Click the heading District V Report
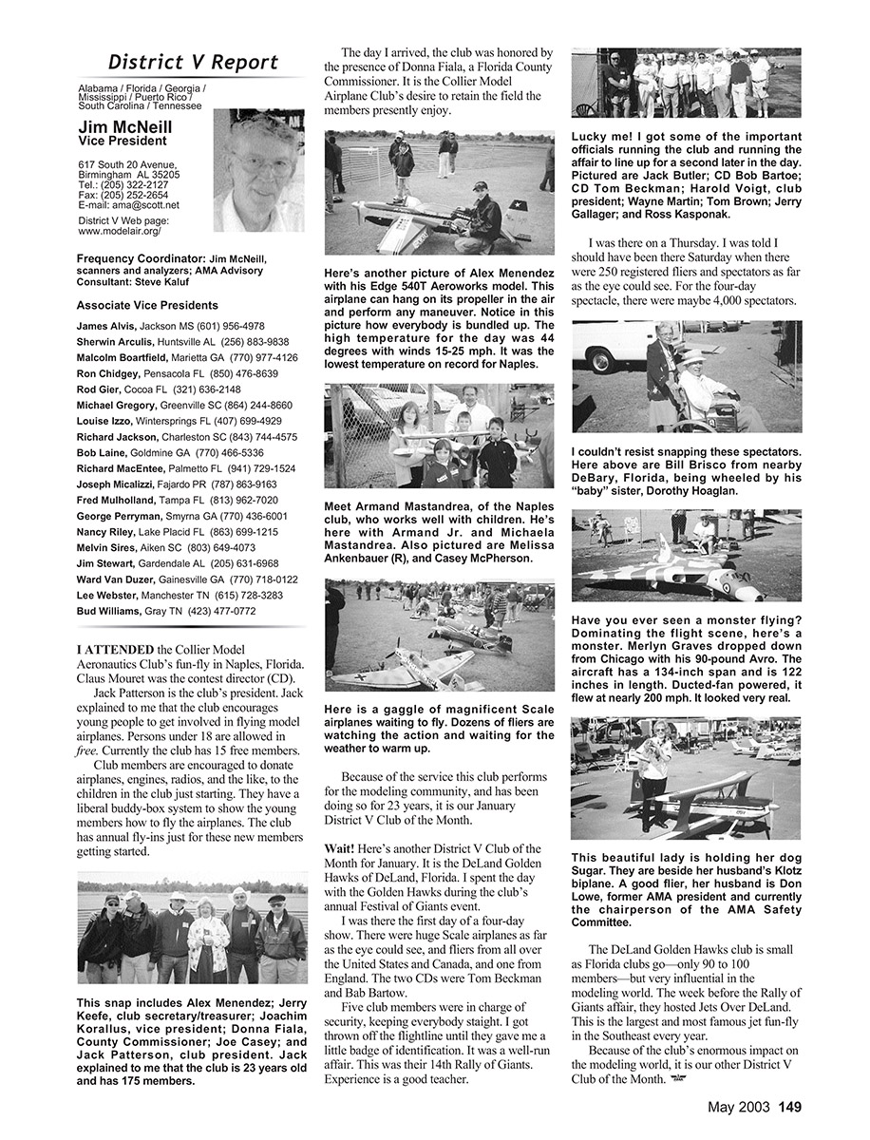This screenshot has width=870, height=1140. [193, 63]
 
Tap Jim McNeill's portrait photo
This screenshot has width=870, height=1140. [258, 170]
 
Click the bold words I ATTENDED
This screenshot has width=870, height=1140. [114, 649]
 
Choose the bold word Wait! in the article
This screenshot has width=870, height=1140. [340, 848]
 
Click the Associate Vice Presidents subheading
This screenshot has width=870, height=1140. [147, 306]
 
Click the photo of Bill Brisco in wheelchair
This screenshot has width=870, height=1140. [686, 376]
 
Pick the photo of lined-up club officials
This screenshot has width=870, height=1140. [686, 83]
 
